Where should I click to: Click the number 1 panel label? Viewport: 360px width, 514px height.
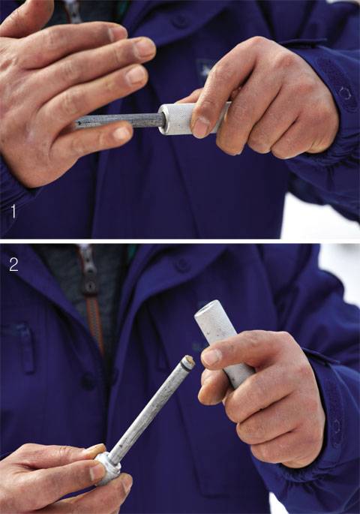click(13, 211)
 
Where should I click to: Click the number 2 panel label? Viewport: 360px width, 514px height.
click(13, 265)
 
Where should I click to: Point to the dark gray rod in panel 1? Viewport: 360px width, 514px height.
click(119, 120)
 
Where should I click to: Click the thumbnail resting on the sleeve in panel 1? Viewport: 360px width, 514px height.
click(201, 127)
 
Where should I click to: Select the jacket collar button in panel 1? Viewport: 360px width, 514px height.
click(180, 21)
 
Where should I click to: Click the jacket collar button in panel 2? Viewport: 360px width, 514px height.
click(181, 264)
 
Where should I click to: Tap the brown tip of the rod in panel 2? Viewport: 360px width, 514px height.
click(189, 360)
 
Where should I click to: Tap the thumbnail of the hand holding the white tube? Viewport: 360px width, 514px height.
click(211, 356)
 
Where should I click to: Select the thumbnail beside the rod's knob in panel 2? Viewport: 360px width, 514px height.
click(97, 471)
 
